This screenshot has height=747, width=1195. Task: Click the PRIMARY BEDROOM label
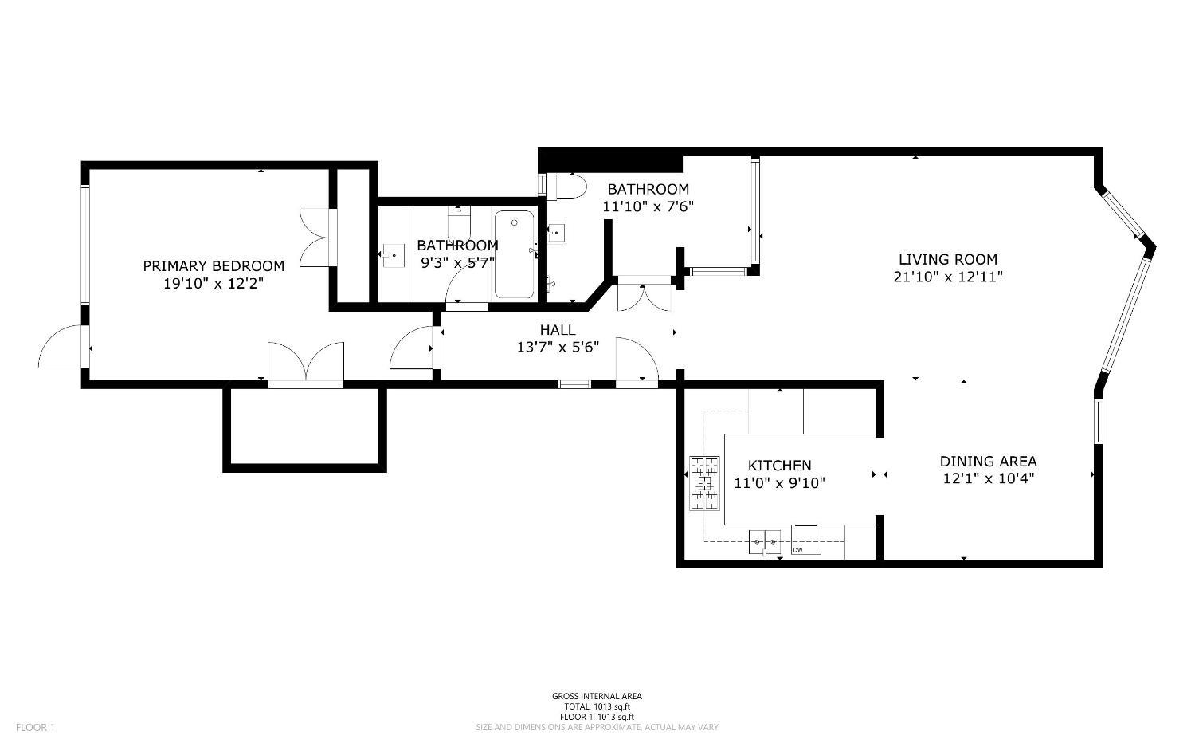(x=214, y=266)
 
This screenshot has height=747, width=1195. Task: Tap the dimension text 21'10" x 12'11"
(x=948, y=277)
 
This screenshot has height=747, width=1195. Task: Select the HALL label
(x=558, y=330)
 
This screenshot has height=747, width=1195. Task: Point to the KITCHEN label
(x=779, y=466)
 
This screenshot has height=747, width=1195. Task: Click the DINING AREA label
(x=989, y=462)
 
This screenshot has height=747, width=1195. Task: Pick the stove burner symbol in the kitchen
(x=705, y=483)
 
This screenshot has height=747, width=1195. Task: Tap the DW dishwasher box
(x=805, y=540)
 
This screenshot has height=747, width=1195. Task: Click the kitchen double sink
(x=765, y=542)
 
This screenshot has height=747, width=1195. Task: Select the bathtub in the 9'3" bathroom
(x=515, y=254)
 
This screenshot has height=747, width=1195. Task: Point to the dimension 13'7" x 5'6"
(x=558, y=348)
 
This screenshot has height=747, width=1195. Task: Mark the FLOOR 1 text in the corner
(x=35, y=727)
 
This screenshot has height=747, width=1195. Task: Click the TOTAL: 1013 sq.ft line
(x=597, y=706)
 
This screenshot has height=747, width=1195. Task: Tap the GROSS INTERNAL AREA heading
(x=597, y=696)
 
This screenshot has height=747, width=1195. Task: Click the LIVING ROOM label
(x=948, y=260)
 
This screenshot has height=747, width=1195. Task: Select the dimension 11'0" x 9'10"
(x=779, y=483)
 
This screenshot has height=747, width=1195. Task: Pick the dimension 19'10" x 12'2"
(x=214, y=284)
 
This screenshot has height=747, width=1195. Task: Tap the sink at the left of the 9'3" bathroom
(x=394, y=256)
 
